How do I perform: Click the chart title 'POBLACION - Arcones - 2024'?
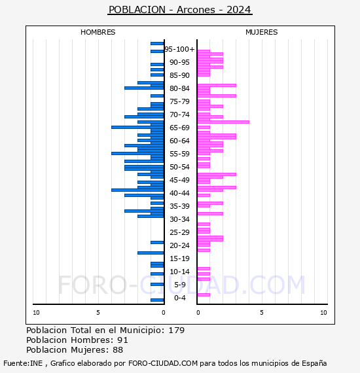coord(180,10)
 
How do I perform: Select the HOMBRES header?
coord(98,32)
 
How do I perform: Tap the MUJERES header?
coord(262,32)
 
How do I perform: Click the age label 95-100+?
coord(179,49)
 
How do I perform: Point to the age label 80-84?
coord(179,88)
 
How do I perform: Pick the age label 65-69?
coord(179,128)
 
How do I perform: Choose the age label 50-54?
coord(179,167)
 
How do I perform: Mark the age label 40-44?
coord(179,193)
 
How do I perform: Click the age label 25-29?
coord(179,232)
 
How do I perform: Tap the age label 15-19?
coord(179,258)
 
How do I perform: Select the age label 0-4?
coord(179,298)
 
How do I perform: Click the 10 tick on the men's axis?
coord(36,313)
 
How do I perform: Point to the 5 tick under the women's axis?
coord(262,313)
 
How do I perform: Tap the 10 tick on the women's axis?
coord(323,313)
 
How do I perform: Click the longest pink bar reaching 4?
coord(223,122)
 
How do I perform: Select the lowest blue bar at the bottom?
coord(157,300)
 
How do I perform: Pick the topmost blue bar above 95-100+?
coord(157,44)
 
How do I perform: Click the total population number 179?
coord(177,330)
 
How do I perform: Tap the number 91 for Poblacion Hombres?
coord(123,340)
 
